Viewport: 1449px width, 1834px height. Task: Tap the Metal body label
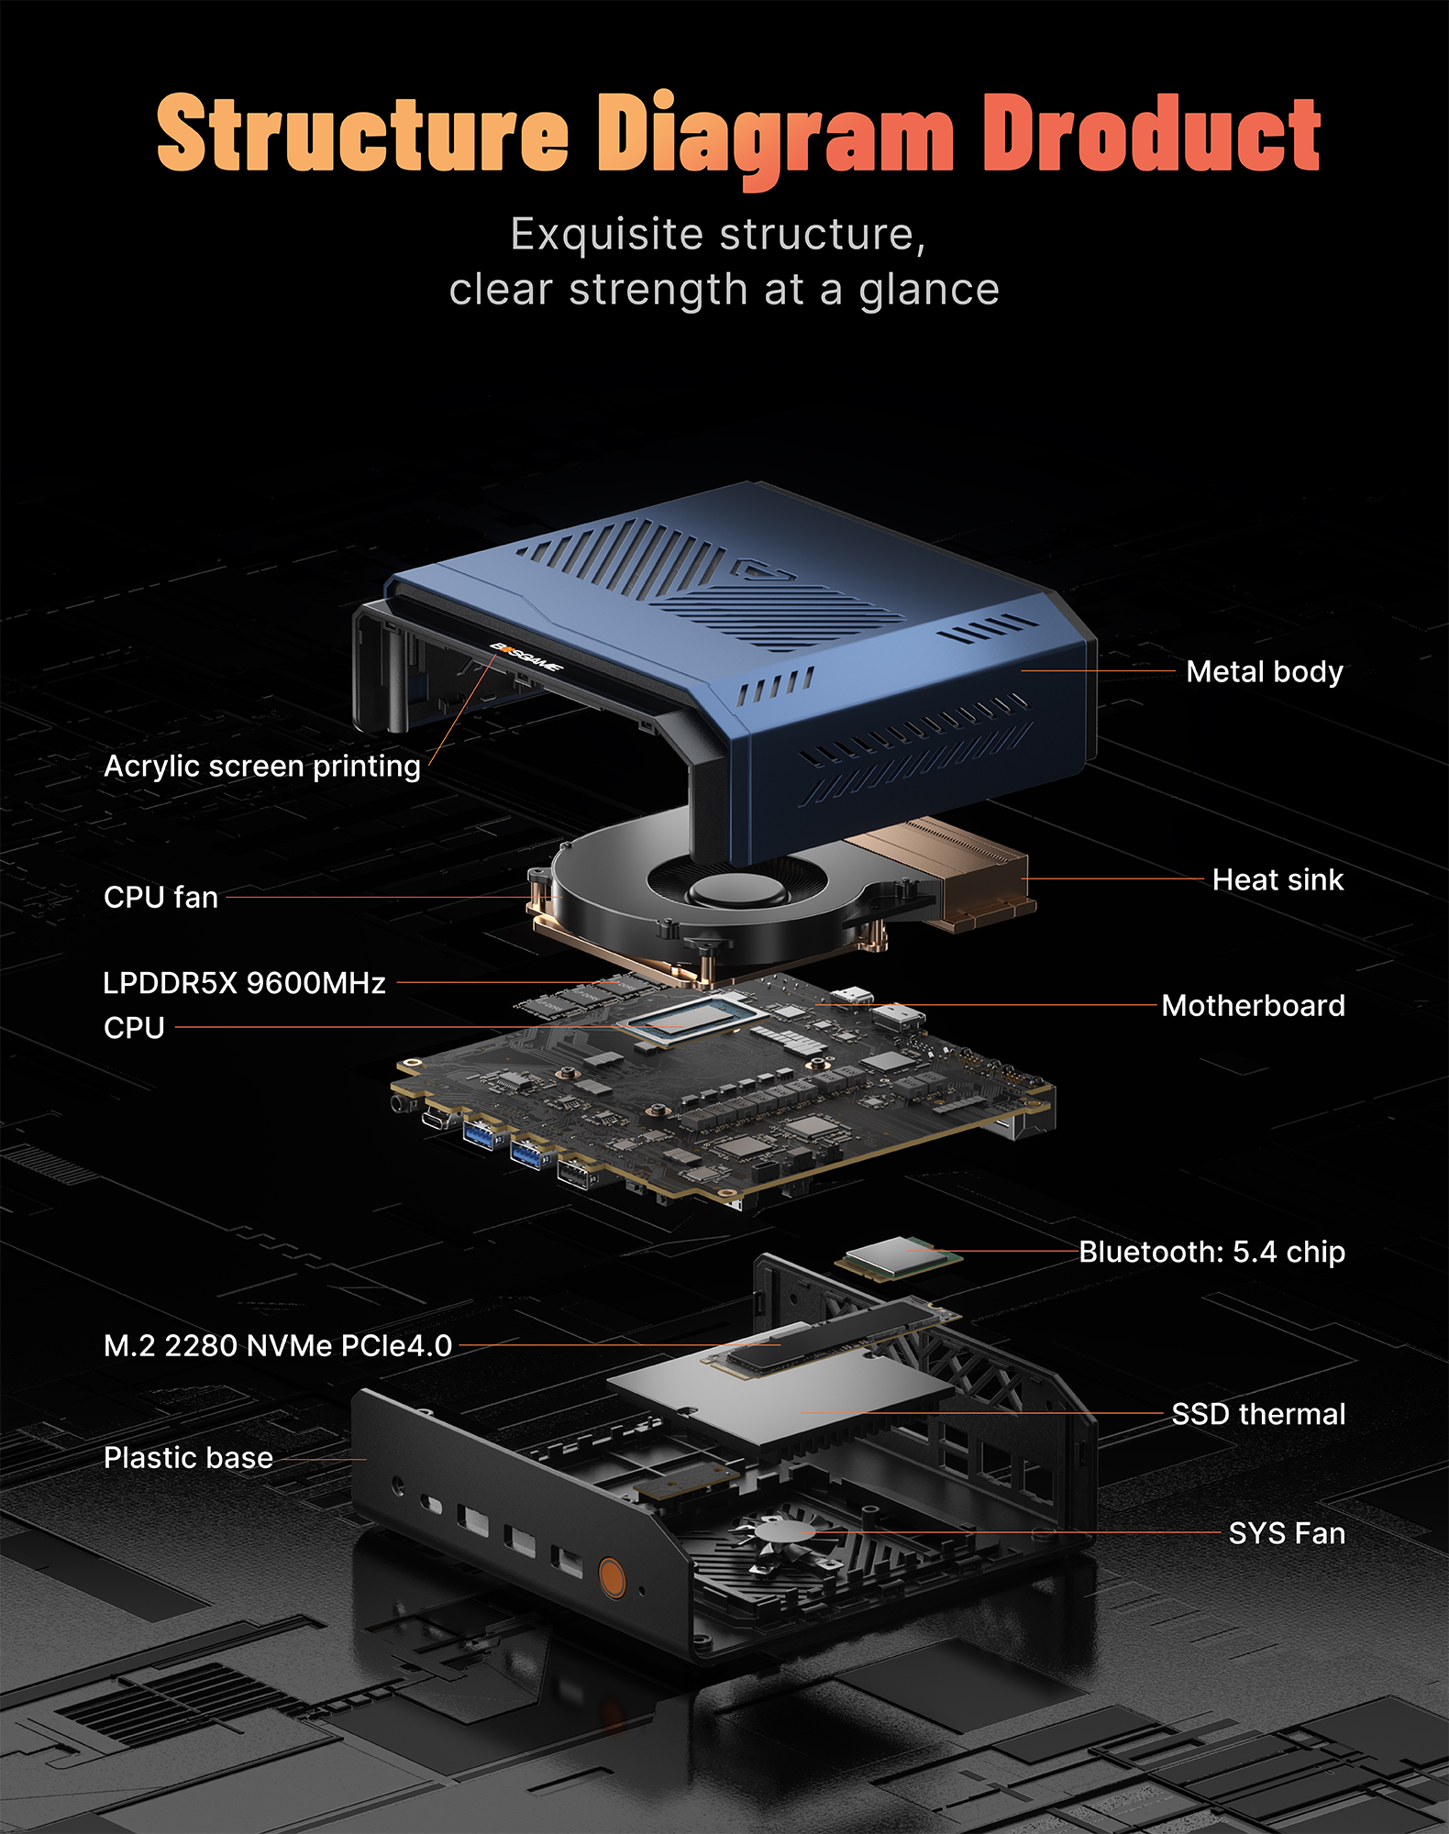1264,671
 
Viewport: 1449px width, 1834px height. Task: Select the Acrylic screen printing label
262,766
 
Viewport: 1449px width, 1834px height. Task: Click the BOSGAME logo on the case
525,657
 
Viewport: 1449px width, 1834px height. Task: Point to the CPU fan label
160,897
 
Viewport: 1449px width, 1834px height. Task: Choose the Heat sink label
1277,879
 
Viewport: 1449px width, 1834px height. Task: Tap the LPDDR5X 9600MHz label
244,983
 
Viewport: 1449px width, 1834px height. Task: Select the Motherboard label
1253,1005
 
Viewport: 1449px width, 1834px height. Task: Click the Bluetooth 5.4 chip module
897,1256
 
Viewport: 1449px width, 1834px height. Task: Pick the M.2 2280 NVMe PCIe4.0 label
278,1345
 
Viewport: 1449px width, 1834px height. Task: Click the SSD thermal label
1258,1414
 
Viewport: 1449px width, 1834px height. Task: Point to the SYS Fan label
1287,1533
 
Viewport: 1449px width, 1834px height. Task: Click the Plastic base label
188,1458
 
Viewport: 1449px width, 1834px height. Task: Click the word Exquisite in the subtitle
606,235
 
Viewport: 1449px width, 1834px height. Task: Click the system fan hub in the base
781,1530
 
